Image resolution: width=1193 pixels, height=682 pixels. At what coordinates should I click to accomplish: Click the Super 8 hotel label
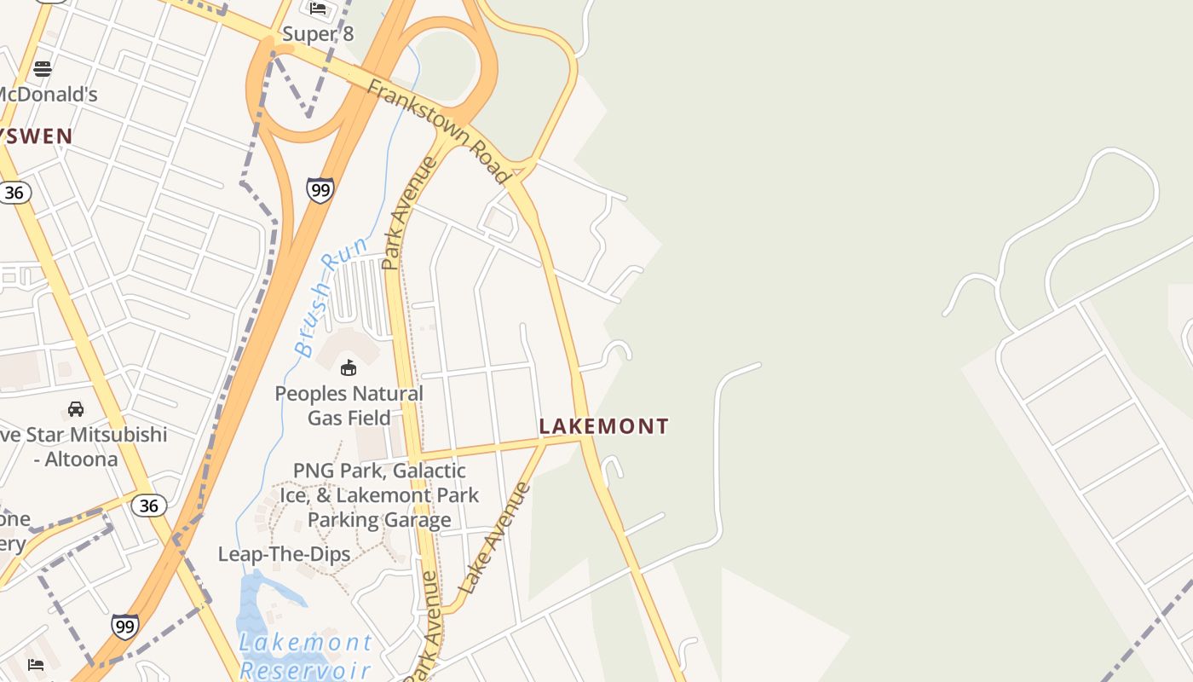click(317, 34)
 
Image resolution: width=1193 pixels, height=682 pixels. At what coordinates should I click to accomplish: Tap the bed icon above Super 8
click(318, 9)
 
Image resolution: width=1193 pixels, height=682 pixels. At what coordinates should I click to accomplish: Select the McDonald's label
click(48, 94)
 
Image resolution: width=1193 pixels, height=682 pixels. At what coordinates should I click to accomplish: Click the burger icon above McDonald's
click(43, 68)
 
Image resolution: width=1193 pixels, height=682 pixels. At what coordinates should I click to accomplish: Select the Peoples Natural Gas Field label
click(349, 406)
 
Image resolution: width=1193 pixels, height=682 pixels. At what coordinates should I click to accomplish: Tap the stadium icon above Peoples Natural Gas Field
click(349, 368)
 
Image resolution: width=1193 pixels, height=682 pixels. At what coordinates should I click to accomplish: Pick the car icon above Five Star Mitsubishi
click(76, 409)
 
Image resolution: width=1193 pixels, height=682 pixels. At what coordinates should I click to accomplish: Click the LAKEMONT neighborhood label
click(603, 426)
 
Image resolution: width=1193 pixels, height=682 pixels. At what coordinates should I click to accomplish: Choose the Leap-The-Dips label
click(284, 554)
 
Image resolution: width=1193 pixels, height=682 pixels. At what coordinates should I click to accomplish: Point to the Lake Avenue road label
click(495, 539)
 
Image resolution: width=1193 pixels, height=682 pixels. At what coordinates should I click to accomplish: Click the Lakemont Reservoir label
click(305, 655)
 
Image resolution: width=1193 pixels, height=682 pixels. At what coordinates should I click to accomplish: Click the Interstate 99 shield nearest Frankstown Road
click(320, 189)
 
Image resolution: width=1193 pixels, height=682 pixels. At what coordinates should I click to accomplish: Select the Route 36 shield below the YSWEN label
click(14, 193)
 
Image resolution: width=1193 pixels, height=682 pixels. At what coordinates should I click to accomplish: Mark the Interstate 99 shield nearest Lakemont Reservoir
click(125, 627)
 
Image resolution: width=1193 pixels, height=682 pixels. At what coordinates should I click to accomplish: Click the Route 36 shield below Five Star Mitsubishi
click(148, 506)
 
